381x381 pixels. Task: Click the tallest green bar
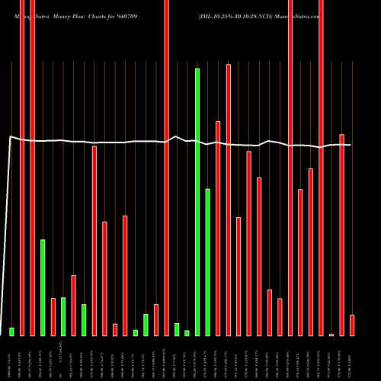pos(197,202)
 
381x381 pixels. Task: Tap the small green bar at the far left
pos(11,331)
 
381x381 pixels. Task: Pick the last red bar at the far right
pos(352,325)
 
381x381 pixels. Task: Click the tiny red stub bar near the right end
pos(331,335)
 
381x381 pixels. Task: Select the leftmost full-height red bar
pos(22,168)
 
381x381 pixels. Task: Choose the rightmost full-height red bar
pos(321,168)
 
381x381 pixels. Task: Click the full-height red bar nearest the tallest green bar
pos(166,168)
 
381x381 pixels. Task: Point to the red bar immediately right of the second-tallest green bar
pos(218,228)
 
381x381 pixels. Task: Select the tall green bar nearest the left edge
pos(43,287)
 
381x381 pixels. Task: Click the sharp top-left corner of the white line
pos(10,136)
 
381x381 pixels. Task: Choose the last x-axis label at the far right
pos(352,357)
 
